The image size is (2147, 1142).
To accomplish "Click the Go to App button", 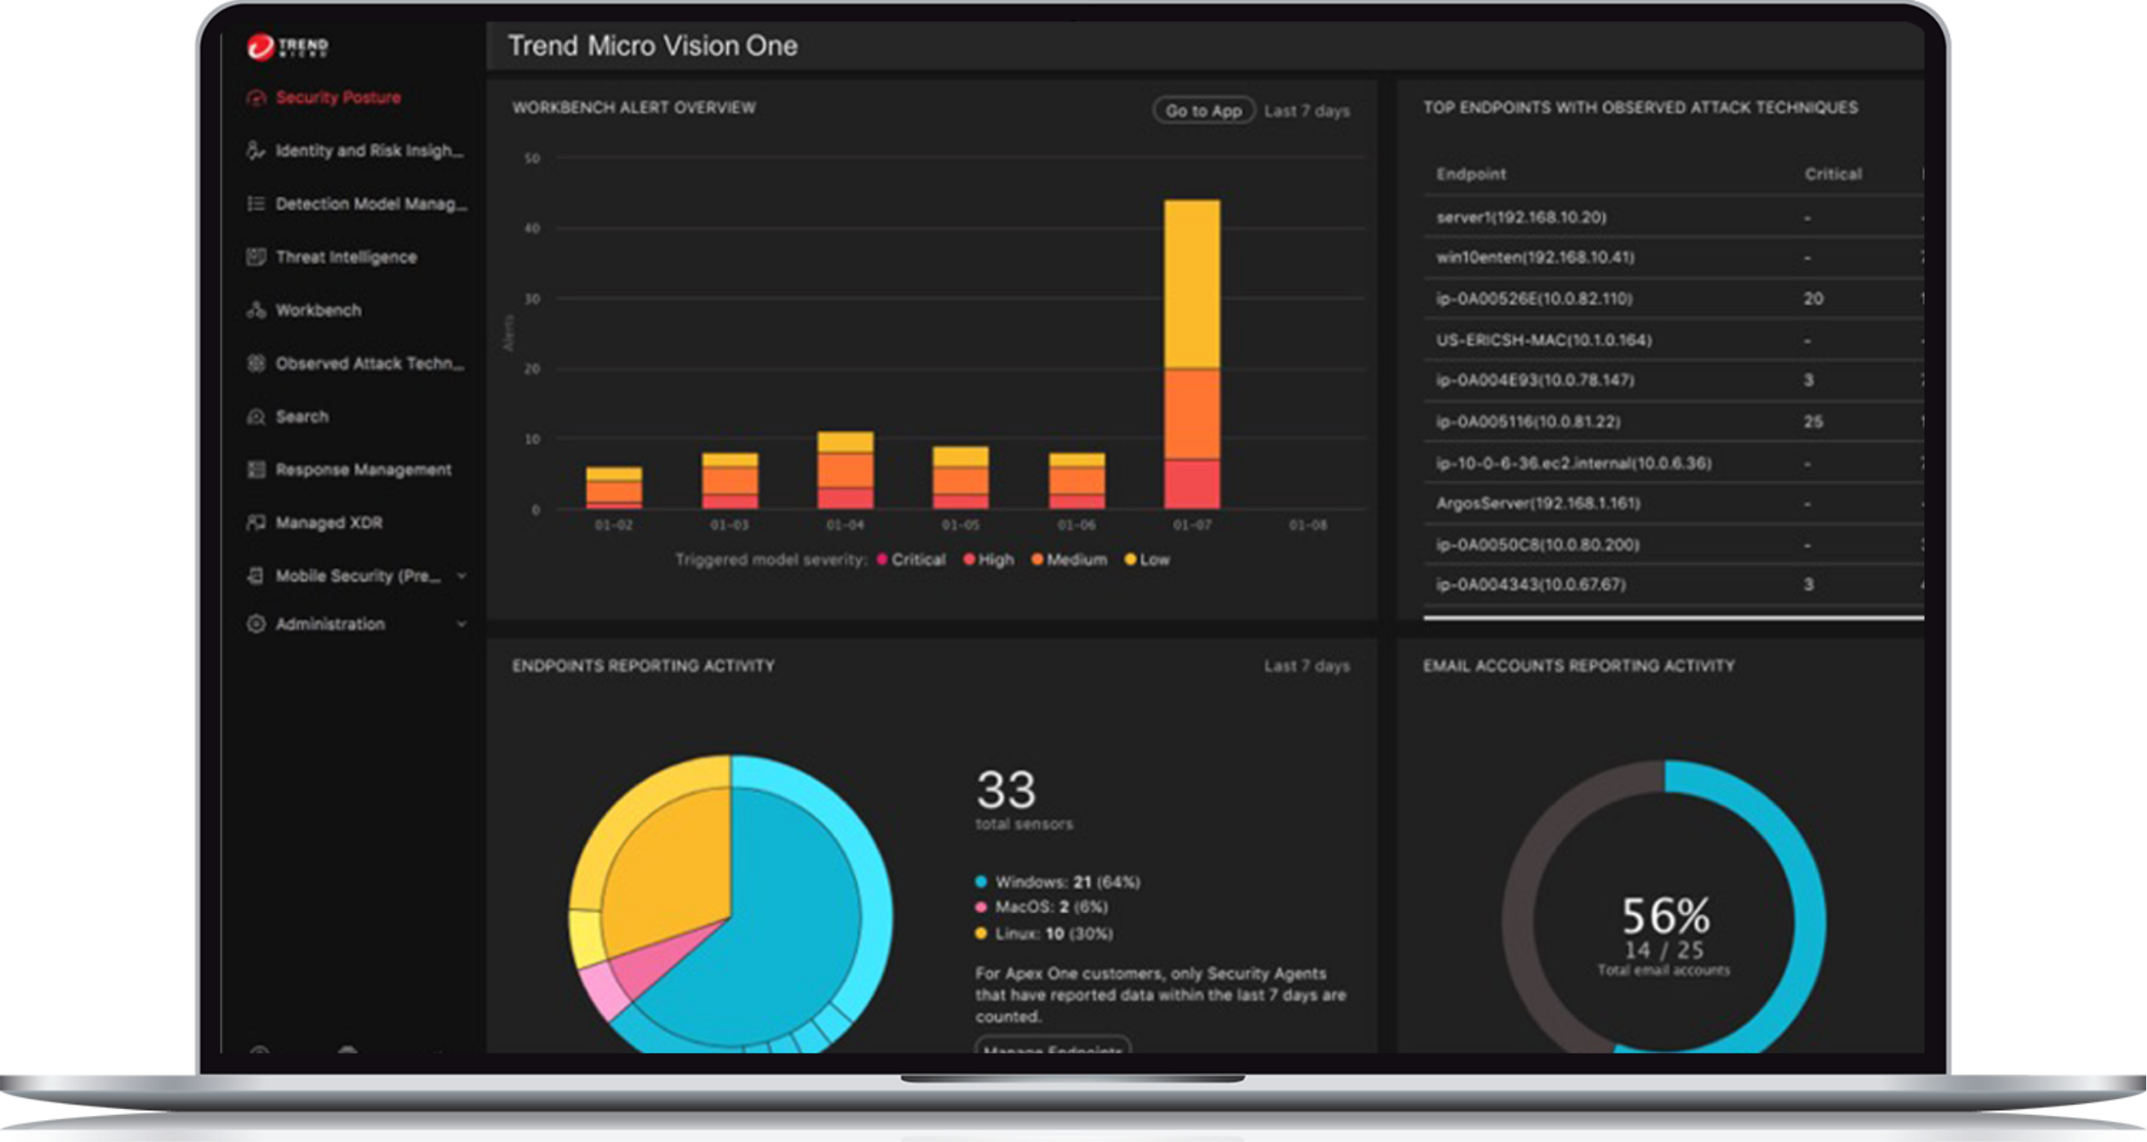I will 1203,111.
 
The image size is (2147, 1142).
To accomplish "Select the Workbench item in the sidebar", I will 318,310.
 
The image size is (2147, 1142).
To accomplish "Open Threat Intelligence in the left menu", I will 346,257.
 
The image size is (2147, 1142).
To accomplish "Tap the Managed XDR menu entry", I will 328,523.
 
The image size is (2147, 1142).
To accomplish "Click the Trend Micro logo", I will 288,47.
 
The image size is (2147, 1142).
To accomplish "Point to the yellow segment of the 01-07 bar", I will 1191,283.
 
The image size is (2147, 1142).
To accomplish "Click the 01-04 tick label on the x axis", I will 844,525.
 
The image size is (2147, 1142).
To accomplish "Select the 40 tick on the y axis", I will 532,229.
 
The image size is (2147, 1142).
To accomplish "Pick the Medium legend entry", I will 1075,560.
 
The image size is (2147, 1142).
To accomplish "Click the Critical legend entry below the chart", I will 917,560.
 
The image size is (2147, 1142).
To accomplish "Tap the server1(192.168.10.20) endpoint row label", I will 1520,217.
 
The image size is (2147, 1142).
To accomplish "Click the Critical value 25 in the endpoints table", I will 1813,422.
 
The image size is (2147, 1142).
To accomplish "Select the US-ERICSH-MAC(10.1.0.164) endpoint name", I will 1542,340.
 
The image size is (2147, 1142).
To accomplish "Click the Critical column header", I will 1832,174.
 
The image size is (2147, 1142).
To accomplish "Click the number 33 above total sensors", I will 1006,789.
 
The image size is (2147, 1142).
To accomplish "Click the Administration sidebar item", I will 330,624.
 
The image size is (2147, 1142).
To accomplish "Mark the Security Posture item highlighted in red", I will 337,97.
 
